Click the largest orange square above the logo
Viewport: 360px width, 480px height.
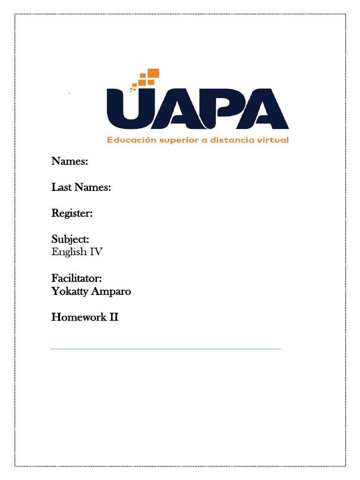point(154,73)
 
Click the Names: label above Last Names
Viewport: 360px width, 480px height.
point(70,162)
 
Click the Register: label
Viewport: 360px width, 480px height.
point(72,214)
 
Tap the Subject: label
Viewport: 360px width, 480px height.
point(70,240)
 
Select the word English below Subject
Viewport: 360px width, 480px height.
point(69,252)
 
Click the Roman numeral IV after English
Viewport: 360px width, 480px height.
point(96,252)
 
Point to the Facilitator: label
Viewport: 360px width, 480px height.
point(76,279)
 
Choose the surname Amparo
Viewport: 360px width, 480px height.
point(112,292)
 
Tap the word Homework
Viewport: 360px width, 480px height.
point(78,317)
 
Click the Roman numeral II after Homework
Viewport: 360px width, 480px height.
point(113,317)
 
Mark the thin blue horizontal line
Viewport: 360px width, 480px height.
point(165,349)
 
